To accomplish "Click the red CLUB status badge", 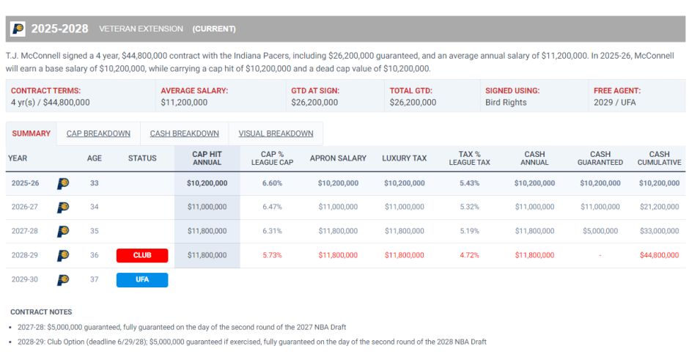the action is [x=142, y=255].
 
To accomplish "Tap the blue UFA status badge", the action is [x=142, y=279].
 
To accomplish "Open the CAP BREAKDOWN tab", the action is [x=98, y=133].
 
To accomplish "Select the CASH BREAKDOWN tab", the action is [x=184, y=133].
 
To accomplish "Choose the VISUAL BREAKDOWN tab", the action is [x=276, y=133].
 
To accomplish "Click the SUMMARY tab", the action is [x=32, y=133].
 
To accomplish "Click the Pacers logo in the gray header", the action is [x=18, y=29].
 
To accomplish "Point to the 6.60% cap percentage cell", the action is [x=272, y=183].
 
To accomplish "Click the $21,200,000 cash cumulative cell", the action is [x=659, y=207].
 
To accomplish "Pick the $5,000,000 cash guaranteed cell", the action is [x=600, y=231].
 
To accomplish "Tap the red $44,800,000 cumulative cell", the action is [x=659, y=255].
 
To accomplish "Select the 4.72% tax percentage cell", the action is [x=469, y=255].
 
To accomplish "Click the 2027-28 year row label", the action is [x=25, y=231].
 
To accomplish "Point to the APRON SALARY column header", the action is [x=338, y=158].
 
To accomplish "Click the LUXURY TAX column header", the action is [x=405, y=158].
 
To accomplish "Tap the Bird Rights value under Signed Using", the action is [x=506, y=103].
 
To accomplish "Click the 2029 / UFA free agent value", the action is [x=615, y=103].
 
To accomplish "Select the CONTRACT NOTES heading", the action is [x=41, y=312].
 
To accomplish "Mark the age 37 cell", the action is [x=95, y=279].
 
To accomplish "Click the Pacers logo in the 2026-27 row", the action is [x=63, y=207].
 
